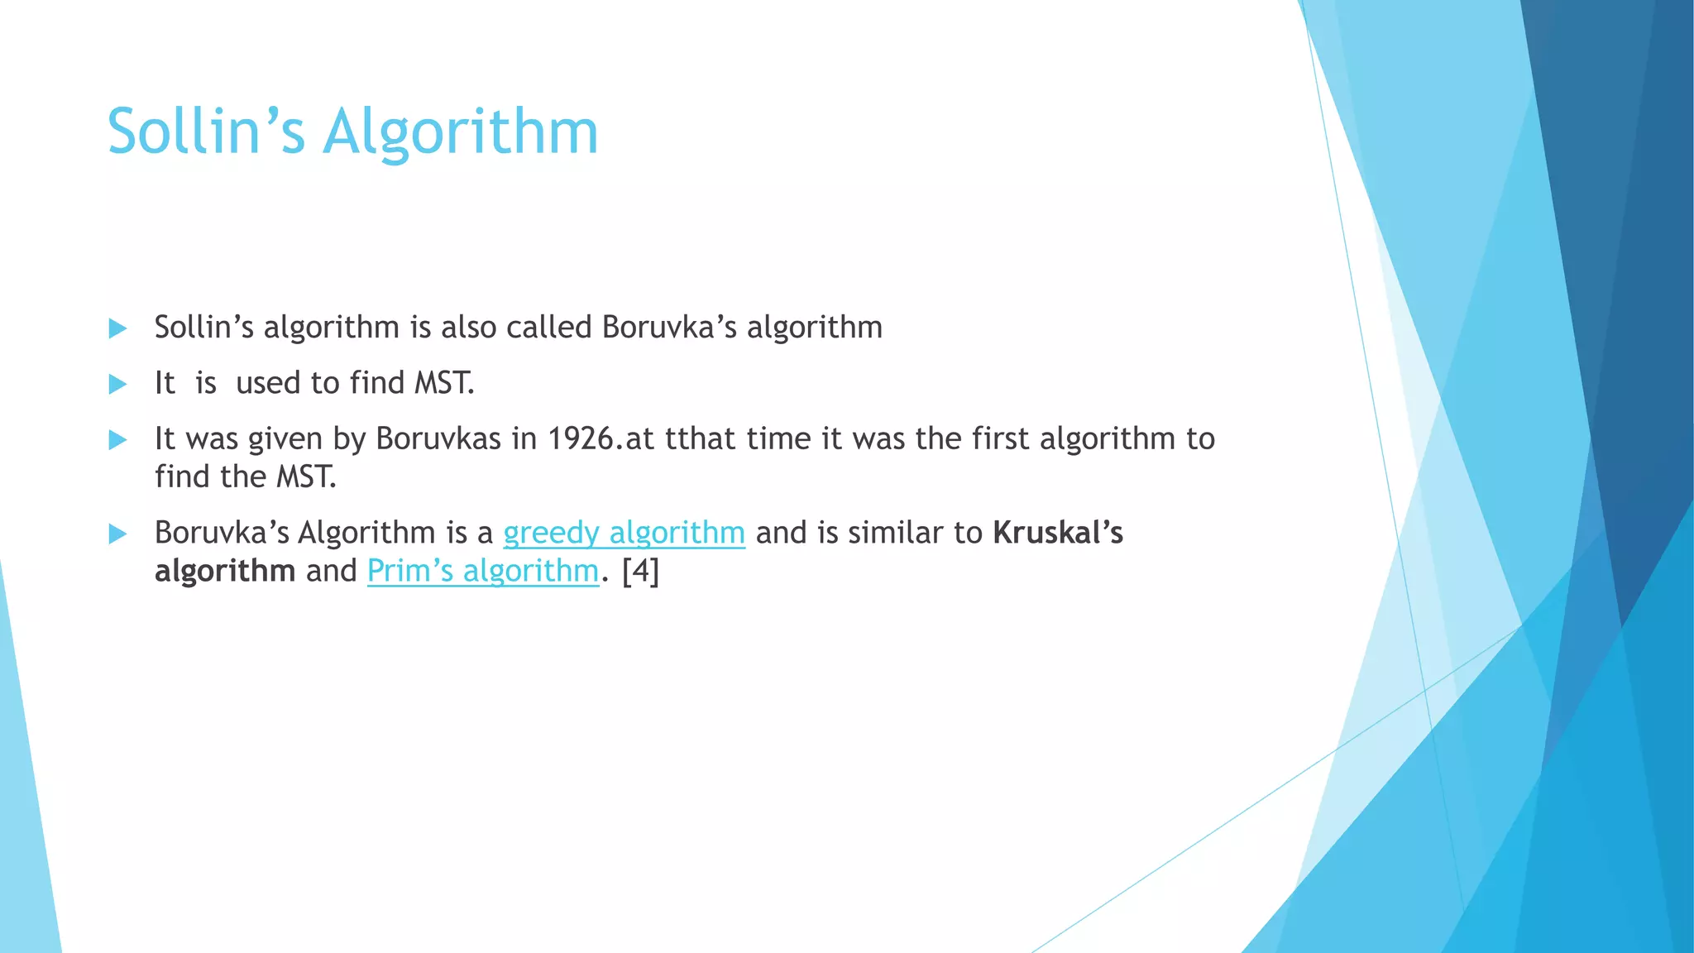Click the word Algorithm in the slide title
coord(460,133)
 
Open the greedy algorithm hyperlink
coord(624,533)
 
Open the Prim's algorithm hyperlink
coord(482,571)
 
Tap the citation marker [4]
coord(640,571)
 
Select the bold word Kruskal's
coord(1058,533)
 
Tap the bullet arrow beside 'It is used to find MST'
coord(117,384)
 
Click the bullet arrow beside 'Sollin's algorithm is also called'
coord(117,328)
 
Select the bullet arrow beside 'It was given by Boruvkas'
coord(117,439)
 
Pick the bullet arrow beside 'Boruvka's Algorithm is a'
coord(117,534)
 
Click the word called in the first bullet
coord(548,328)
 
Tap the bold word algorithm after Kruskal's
coord(225,571)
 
